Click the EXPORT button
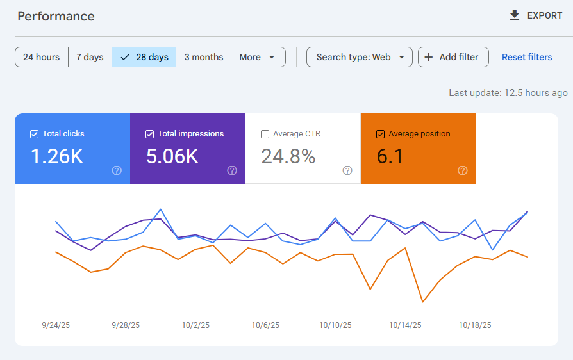pyautogui.click(x=536, y=15)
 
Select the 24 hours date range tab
pyautogui.click(x=42, y=57)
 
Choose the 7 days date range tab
pyautogui.click(x=90, y=57)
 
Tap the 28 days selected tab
pyautogui.click(x=144, y=57)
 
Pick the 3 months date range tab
pyautogui.click(x=204, y=57)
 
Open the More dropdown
pyautogui.click(x=258, y=57)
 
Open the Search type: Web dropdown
pyautogui.click(x=360, y=57)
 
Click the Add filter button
pyautogui.click(x=453, y=57)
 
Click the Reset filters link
pyautogui.click(x=527, y=57)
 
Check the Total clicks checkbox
pyautogui.click(x=34, y=134)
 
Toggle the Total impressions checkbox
pyautogui.click(x=149, y=134)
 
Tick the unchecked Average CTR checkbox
pyautogui.click(x=265, y=134)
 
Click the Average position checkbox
pyautogui.click(x=380, y=134)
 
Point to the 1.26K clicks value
pyautogui.click(x=56, y=156)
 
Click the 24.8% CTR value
pyautogui.click(x=288, y=156)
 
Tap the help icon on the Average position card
pyautogui.click(x=463, y=170)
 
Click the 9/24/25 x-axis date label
pyautogui.click(x=56, y=325)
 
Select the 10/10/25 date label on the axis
pyautogui.click(x=335, y=325)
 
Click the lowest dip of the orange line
pyautogui.click(x=423, y=302)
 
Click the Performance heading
pyautogui.click(x=56, y=16)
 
